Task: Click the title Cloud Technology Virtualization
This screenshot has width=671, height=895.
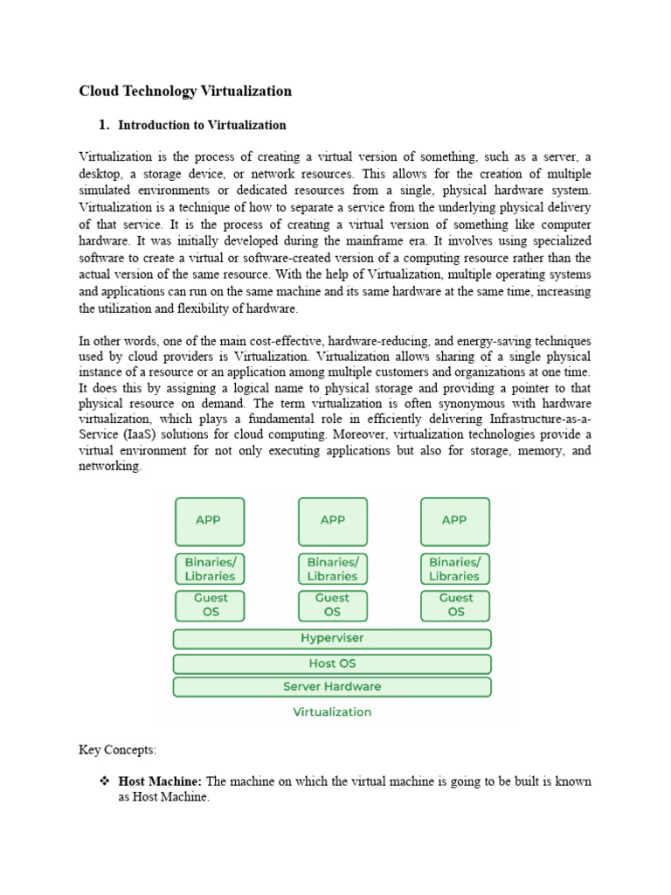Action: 185,91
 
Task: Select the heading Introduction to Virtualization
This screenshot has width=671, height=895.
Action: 202,125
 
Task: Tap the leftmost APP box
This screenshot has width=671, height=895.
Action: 210,521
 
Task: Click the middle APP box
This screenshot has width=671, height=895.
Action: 332,521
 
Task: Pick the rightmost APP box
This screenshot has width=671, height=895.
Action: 454,521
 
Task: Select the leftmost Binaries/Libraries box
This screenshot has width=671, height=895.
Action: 210,569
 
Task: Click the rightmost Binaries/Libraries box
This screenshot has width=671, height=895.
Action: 454,569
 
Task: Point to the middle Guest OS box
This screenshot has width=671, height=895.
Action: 332,605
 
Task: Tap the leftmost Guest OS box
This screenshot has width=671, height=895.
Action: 210,605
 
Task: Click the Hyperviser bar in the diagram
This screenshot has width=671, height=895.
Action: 332,639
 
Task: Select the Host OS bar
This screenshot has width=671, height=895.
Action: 332,663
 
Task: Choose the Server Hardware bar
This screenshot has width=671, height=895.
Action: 332,687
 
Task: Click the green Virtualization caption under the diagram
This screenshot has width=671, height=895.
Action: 332,712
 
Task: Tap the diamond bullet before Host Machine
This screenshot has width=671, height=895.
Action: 104,781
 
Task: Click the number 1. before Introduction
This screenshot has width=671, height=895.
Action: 104,125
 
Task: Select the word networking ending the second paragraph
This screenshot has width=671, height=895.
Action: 108,467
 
